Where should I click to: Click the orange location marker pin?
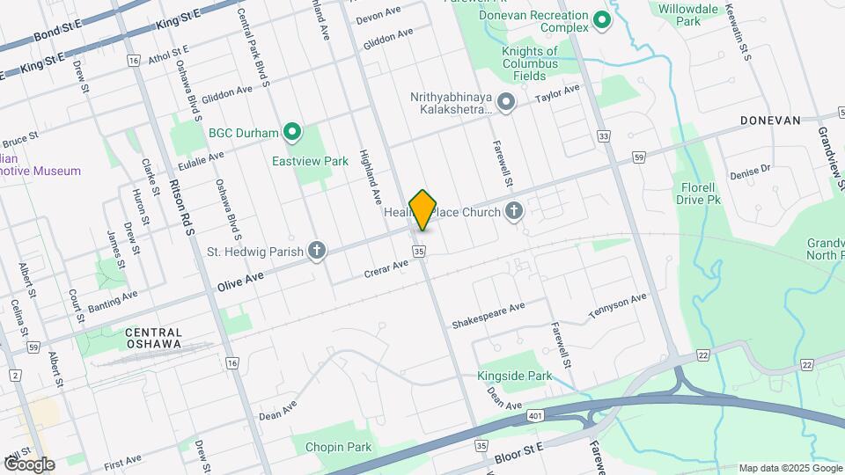423,210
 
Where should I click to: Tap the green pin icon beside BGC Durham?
292,134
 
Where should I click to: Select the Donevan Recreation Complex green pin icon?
602,19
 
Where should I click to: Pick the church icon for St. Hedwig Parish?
317,252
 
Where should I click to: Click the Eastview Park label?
310,161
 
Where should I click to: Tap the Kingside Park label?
514,376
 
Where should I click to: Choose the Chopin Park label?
338,447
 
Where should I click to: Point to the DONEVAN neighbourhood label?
770,120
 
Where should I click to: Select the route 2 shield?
16,376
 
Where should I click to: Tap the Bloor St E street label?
520,449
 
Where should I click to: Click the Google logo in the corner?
28,464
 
